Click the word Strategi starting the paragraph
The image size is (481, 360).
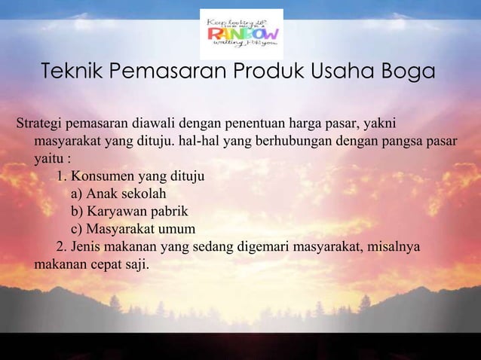[x=39, y=124]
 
